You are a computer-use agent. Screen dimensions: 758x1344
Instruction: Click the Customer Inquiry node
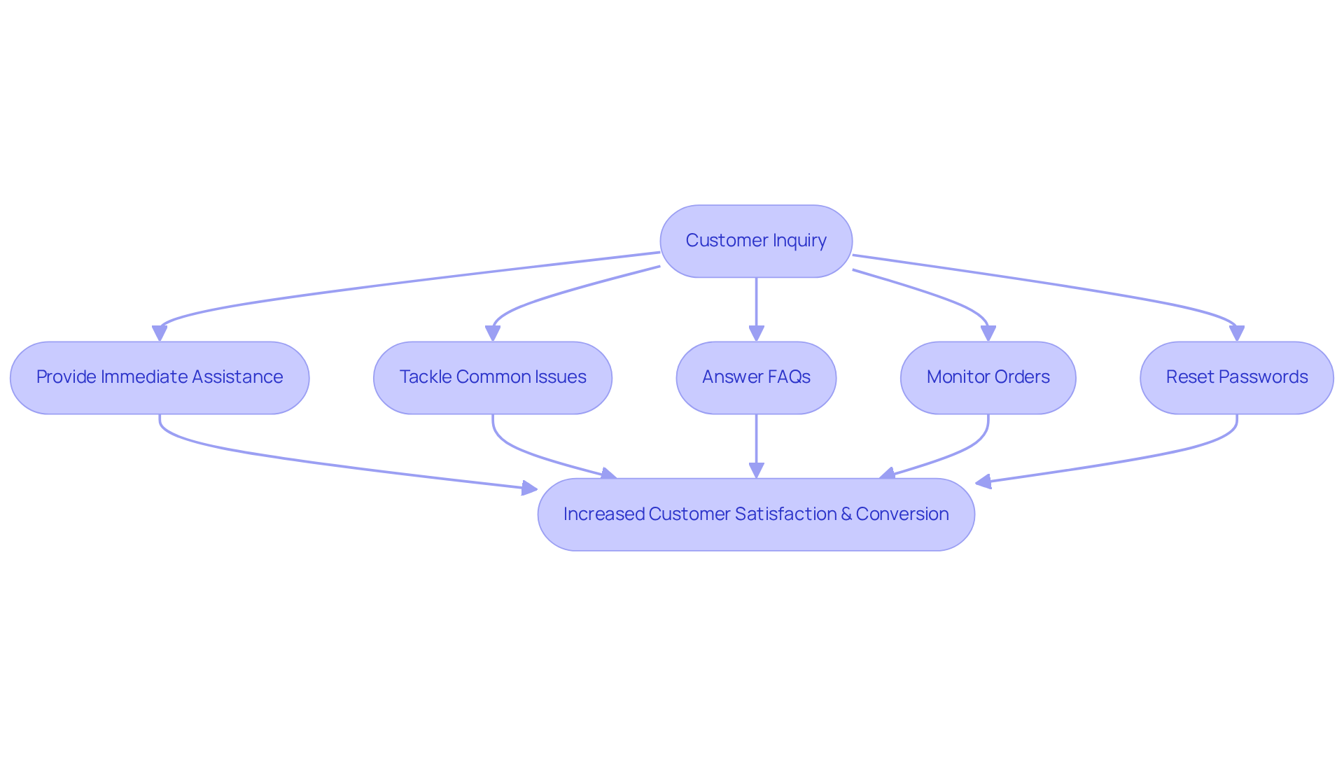[x=756, y=241]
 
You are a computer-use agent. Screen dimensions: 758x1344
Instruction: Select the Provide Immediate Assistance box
[x=160, y=377]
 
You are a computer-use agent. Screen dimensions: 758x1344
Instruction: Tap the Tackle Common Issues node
[x=493, y=377]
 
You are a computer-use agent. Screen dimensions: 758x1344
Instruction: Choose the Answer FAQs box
[x=756, y=377]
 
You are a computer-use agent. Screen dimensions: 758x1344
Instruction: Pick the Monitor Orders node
[x=988, y=377]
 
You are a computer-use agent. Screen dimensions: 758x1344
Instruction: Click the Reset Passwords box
[x=1236, y=377]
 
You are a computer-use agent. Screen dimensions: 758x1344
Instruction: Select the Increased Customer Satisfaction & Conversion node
[x=756, y=514]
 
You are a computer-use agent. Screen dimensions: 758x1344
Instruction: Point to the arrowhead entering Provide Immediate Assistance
[x=160, y=333]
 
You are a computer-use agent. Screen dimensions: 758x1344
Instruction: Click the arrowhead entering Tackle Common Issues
[x=493, y=333]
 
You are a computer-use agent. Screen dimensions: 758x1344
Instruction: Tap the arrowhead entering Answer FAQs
[x=756, y=333]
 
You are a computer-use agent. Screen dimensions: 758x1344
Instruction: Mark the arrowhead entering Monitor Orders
[x=988, y=333]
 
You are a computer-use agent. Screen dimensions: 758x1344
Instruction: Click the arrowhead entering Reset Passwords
[x=1236, y=333]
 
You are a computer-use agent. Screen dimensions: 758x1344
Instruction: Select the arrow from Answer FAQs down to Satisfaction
[x=756, y=441]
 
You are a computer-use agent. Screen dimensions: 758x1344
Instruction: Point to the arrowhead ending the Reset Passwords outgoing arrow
[x=983, y=482]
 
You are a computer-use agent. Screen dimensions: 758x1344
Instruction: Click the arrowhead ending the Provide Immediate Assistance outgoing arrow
[x=529, y=488]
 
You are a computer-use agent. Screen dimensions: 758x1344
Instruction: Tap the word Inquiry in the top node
[x=799, y=241]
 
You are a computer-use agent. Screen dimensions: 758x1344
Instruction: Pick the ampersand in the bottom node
[x=846, y=514]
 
